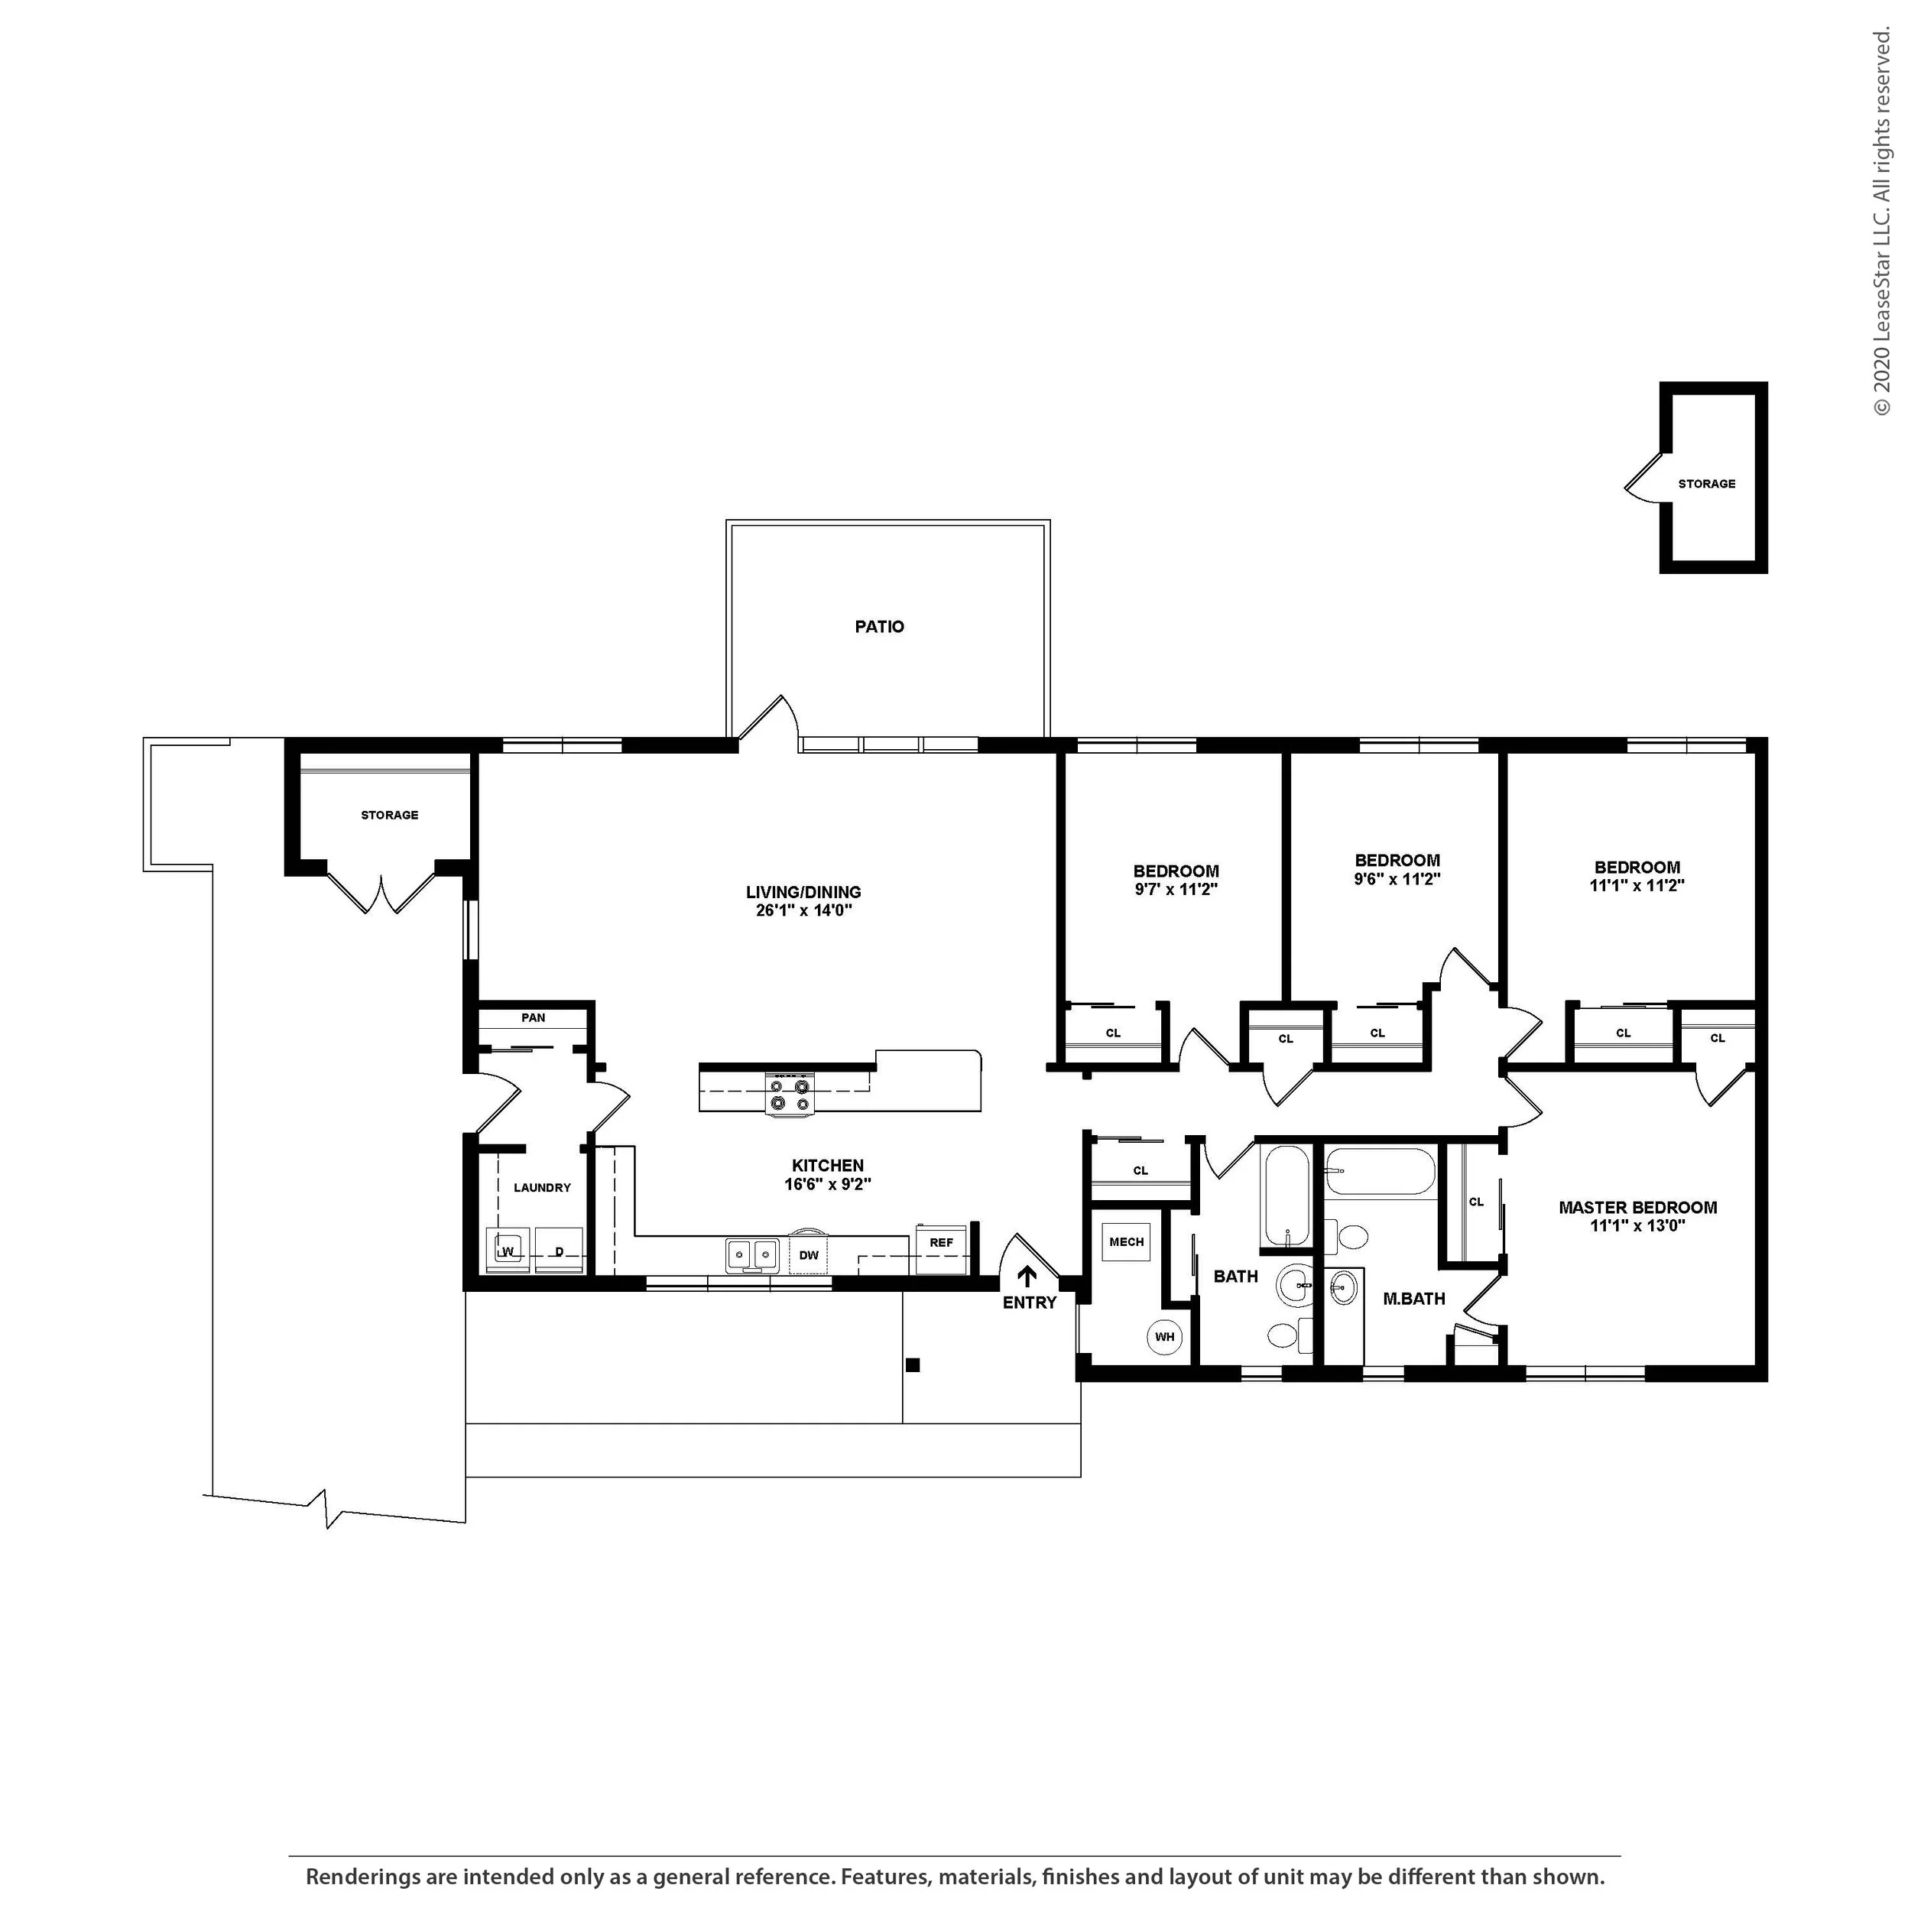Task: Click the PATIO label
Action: tap(879, 626)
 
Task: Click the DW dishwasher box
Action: tap(809, 1255)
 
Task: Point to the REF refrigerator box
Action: tap(941, 1249)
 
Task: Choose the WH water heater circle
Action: tap(1164, 1337)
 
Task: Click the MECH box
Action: tap(1127, 1241)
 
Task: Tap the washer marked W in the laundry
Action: tap(508, 1251)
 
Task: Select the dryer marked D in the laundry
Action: tap(559, 1251)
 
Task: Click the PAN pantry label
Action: tap(533, 1017)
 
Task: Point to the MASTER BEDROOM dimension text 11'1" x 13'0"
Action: tap(1637, 1225)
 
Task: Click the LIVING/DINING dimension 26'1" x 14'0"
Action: tap(804, 910)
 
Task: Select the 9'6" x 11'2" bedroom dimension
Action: tap(1397, 878)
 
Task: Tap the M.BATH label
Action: tap(1413, 1299)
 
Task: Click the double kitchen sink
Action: tap(751, 1255)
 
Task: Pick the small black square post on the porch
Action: tap(913, 1365)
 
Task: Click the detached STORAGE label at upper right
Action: tap(1706, 484)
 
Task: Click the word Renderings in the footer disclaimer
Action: tap(362, 1877)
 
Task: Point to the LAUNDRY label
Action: tap(542, 1187)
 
